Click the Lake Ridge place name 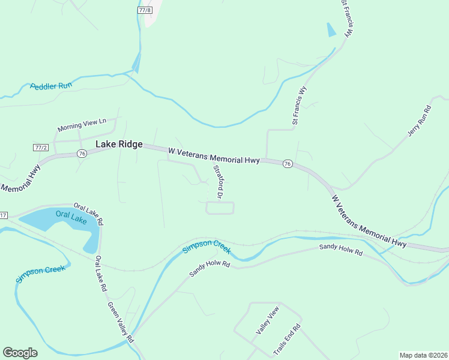click(x=119, y=144)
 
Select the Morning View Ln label click(x=82, y=125)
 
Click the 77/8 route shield click(x=145, y=10)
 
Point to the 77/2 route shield click(x=40, y=147)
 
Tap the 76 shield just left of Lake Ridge click(x=82, y=154)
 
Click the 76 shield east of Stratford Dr click(x=288, y=164)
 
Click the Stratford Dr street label click(x=218, y=182)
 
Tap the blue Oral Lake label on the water click(x=71, y=216)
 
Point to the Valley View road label click(x=268, y=320)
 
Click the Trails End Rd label click(x=286, y=340)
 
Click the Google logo click(x=20, y=353)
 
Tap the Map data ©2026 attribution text click(x=423, y=355)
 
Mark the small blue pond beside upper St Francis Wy click(x=331, y=29)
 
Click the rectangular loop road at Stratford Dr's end click(x=220, y=208)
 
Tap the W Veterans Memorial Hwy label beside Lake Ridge click(x=214, y=156)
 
